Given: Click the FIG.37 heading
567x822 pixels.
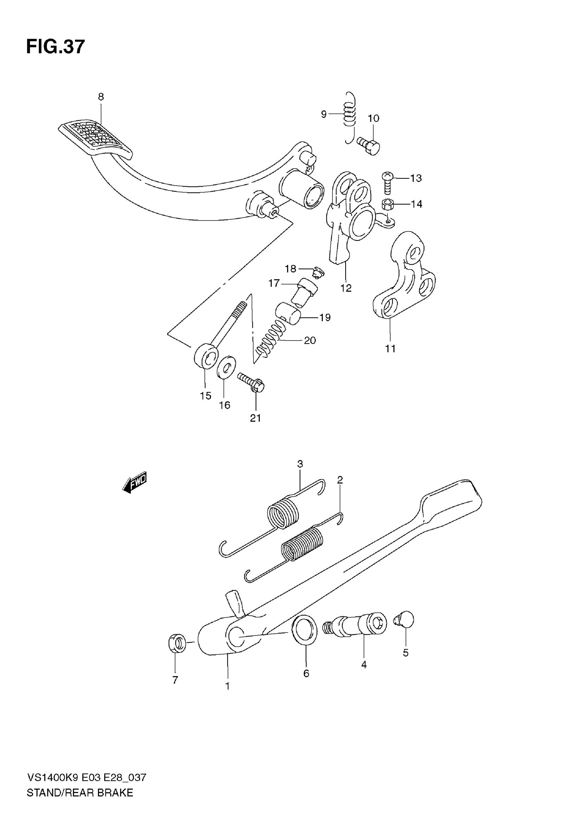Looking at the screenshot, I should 56,47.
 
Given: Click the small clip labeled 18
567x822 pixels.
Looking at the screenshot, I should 318,272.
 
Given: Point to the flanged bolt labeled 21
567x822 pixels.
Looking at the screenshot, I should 251,383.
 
